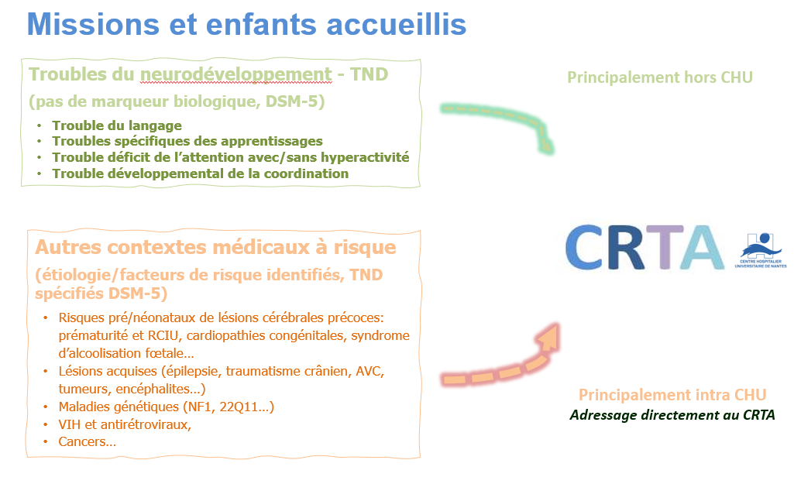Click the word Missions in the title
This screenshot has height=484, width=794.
point(93,24)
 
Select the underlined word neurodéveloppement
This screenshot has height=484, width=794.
point(236,75)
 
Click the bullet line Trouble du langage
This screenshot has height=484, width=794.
point(117,125)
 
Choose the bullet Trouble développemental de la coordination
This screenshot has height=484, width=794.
point(201,173)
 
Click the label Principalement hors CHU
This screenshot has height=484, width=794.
point(660,77)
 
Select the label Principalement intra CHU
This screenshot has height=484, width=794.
point(672,394)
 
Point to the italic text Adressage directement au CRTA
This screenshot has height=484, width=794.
point(672,415)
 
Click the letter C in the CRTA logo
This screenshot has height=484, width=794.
point(584,247)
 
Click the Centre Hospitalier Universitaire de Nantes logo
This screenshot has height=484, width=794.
point(761,250)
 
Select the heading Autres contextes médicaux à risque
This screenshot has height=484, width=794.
point(215,247)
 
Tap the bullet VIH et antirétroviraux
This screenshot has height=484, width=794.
point(125,424)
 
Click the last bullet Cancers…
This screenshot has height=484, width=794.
point(87,441)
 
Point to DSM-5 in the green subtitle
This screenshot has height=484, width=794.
point(292,101)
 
